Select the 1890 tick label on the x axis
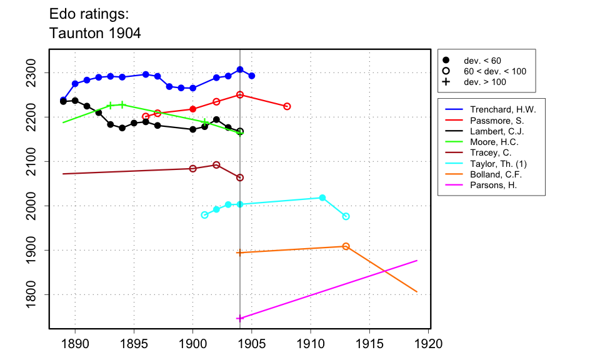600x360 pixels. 75,344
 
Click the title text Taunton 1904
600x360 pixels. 95,33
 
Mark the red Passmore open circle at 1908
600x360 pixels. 287,106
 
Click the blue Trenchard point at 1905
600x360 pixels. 251,76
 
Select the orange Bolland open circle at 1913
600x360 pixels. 346,246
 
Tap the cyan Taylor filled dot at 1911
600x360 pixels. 322,197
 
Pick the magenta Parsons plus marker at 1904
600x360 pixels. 240,318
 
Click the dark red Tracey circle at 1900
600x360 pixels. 192,169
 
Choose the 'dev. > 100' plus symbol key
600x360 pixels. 446,82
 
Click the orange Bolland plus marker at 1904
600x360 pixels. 240,252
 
